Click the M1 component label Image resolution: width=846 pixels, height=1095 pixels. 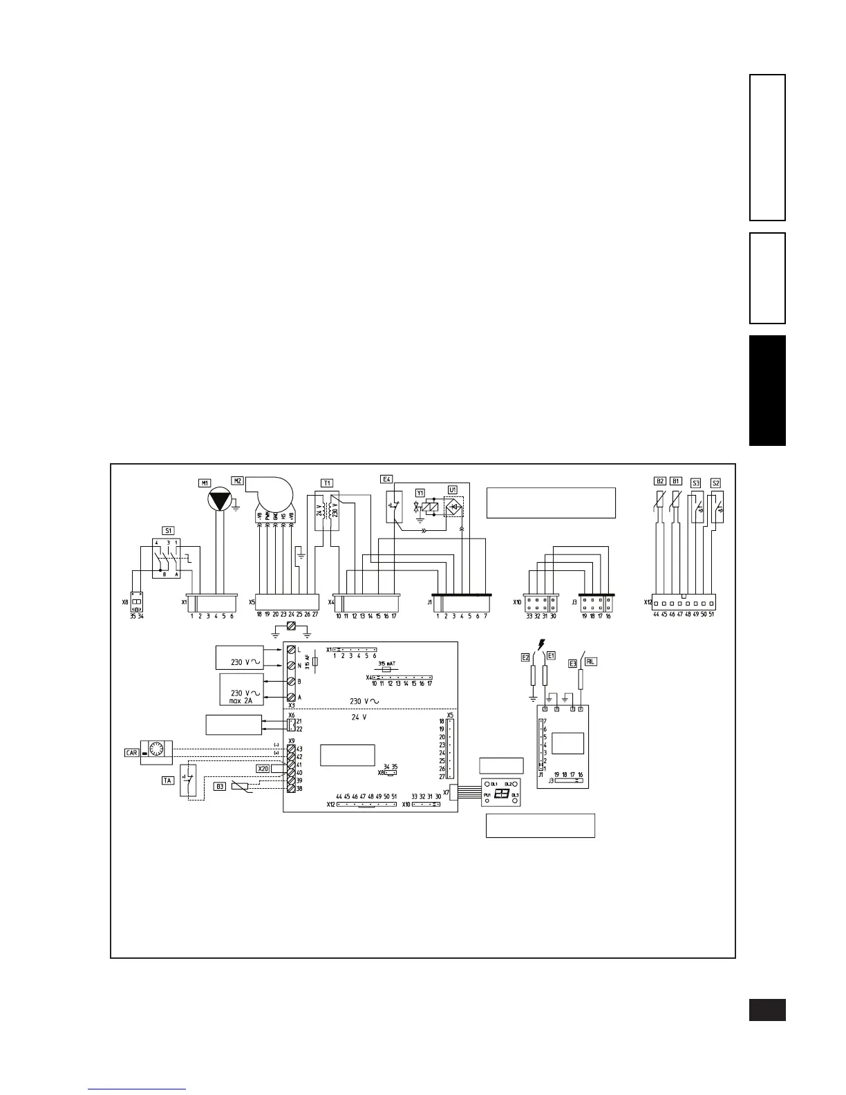pyautogui.click(x=205, y=483)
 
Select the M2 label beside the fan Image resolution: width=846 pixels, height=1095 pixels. pyautogui.click(x=237, y=481)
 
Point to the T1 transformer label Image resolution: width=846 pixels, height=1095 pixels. pyautogui.click(x=327, y=483)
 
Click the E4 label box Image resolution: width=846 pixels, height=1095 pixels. pyautogui.click(x=386, y=479)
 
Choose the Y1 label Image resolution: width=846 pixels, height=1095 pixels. pyautogui.click(x=420, y=492)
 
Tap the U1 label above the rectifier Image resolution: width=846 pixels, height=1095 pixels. pyautogui.click(x=453, y=489)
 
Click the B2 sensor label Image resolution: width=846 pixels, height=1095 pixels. pyautogui.click(x=659, y=481)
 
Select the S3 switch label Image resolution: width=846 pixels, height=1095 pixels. pyautogui.click(x=696, y=483)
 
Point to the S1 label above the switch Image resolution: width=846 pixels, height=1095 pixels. pyautogui.click(x=169, y=531)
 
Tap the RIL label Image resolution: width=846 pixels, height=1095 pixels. pyautogui.click(x=590, y=662)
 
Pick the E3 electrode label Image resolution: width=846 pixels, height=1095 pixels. pyautogui.click(x=572, y=664)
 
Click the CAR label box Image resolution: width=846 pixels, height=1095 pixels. pyautogui.click(x=131, y=753)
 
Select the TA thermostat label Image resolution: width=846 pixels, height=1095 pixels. pyautogui.click(x=167, y=780)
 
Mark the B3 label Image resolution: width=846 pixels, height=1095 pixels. pyautogui.click(x=220, y=786)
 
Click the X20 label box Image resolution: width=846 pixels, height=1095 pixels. pyautogui.click(x=263, y=769)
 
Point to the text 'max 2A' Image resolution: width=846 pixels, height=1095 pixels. pyautogui.click(x=241, y=701)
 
